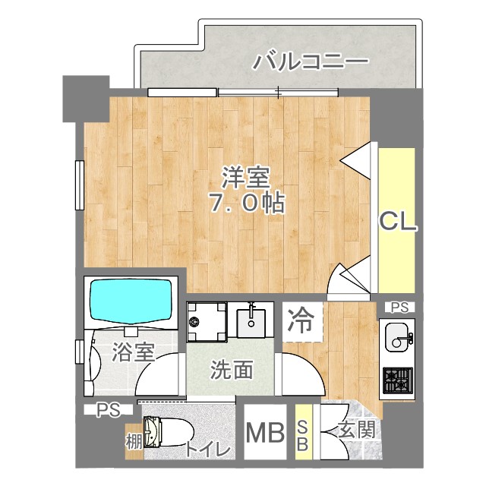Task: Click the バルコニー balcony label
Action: tap(311, 60)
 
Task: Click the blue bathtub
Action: tap(131, 301)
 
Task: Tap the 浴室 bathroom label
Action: tap(134, 352)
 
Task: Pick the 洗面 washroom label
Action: tap(231, 371)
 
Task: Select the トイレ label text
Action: tap(207, 449)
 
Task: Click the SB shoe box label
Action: tap(302, 436)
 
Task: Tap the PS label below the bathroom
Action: tap(109, 411)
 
